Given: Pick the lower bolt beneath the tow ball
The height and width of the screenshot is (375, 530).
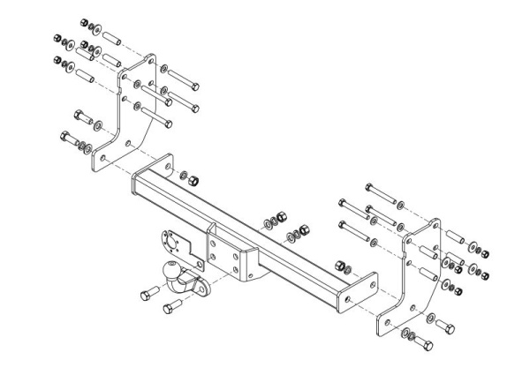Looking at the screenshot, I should [x=172, y=308].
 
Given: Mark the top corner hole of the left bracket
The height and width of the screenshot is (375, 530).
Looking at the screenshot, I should [x=151, y=60].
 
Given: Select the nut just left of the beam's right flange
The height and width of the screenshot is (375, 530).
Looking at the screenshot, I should [x=339, y=263].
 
